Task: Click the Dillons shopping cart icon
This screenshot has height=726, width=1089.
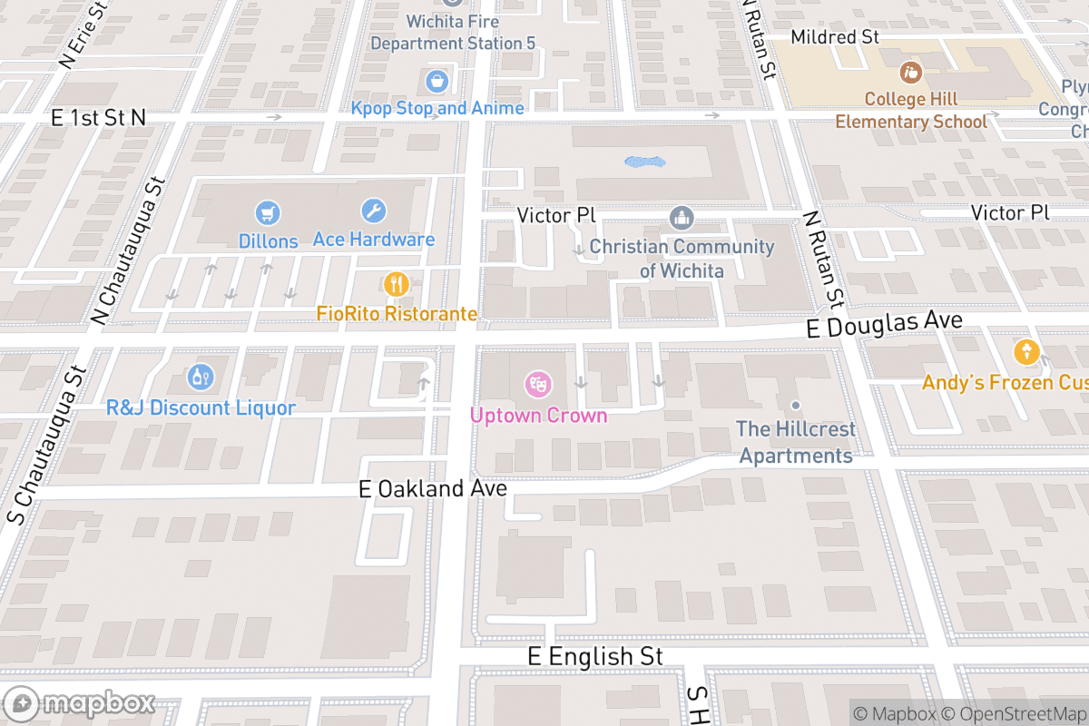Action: pos(268,213)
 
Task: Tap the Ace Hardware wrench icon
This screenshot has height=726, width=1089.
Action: pos(373,211)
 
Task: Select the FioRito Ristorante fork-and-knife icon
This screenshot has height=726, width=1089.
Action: pos(397,285)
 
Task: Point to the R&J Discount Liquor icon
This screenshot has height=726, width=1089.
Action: pos(201,377)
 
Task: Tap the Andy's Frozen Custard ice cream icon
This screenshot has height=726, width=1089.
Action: pos(1026,351)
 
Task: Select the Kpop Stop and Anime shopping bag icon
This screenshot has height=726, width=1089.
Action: pos(437,81)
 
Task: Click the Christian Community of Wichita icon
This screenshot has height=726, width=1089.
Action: pos(681,218)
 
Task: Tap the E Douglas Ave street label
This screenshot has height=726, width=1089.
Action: pos(884,324)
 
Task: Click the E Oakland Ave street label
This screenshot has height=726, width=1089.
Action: pos(433,489)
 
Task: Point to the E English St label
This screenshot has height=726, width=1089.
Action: pos(595,656)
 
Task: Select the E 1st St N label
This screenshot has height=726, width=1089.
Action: pos(98,118)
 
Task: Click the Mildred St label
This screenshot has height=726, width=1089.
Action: pos(835,37)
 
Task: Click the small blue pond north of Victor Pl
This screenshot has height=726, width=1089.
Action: pos(645,162)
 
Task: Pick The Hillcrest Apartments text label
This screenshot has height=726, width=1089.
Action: pos(796,442)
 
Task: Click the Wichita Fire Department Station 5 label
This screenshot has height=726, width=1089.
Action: pos(453,32)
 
